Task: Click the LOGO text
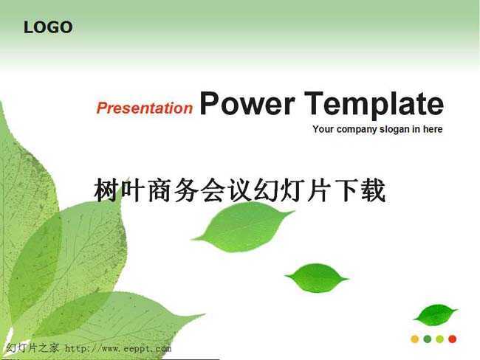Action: tap(48, 27)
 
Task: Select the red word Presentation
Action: tap(145, 108)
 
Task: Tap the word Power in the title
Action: tap(247, 103)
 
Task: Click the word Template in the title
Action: tap(374, 105)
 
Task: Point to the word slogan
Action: tap(394, 129)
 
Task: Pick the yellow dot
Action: tap(415, 339)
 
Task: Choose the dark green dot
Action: tap(428, 339)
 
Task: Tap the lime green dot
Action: tap(440, 339)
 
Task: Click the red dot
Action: tap(453, 339)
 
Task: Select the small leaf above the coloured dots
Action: tap(435, 315)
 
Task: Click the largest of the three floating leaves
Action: tap(244, 227)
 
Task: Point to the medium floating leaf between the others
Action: tap(317, 277)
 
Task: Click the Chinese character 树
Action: tap(106, 190)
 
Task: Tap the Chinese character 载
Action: tap(373, 190)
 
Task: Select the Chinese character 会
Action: tap(213, 190)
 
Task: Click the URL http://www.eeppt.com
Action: tap(118, 348)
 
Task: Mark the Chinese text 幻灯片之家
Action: tap(32, 348)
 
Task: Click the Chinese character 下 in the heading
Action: tap(346, 190)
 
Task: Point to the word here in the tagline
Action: tap(433, 129)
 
